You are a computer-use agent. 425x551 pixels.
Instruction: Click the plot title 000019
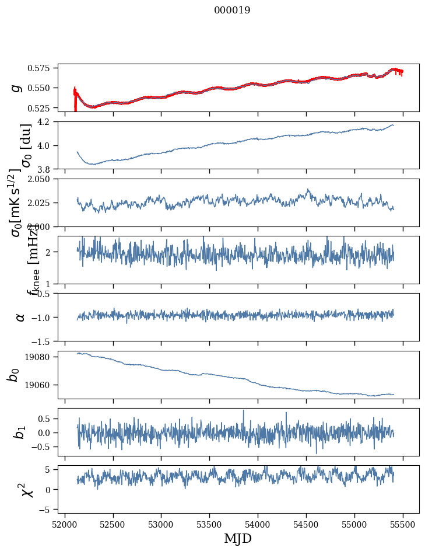click(x=232, y=11)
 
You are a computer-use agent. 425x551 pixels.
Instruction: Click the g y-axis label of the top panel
click(x=17, y=88)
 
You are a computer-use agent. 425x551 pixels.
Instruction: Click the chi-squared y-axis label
click(x=26, y=490)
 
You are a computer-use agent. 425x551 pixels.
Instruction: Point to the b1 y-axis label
click(x=20, y=433)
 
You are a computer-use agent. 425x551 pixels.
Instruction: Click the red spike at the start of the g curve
click(x=75, y=99)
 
